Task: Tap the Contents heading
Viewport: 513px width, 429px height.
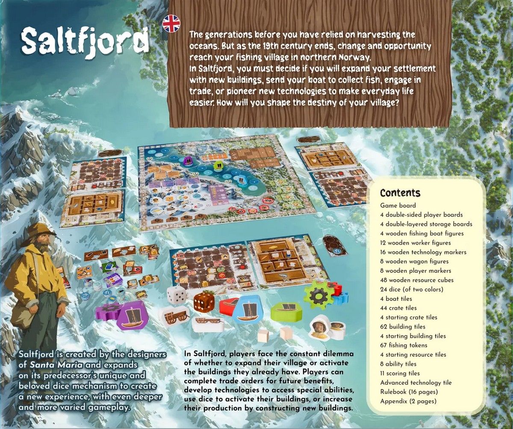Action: [400, 193]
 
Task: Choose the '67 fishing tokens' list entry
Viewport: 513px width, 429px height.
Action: [404, 345]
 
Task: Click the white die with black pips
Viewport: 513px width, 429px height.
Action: [176, 295]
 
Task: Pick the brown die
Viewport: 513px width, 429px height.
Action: [204, 302]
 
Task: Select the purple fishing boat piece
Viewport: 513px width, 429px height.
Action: [129, 316]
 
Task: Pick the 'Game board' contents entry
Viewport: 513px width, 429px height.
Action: [398, 205]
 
